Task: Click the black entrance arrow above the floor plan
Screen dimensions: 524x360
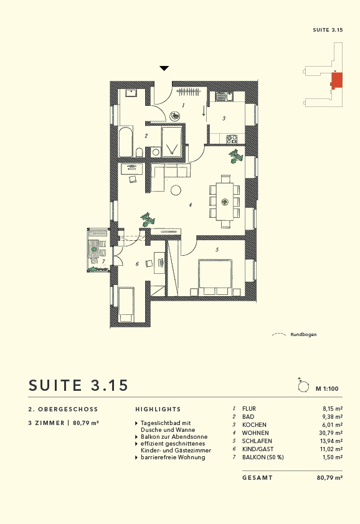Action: pos(164,68)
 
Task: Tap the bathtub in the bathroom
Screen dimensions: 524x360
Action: pos(125,143)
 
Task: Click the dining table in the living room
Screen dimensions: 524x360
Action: pos(224,201)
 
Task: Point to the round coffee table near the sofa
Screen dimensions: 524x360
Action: pos(176,190)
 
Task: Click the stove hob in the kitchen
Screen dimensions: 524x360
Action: pos(232,139)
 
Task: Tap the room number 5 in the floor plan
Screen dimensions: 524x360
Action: pos(217,250)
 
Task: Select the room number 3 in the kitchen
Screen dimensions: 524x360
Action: pos(224,118)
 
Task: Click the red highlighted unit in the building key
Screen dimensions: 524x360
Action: pos(337,81)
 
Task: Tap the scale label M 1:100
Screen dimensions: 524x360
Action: pos(326,388)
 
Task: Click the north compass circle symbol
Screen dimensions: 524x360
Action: pos(303,386)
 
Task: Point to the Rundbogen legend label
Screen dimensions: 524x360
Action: pos(303,335)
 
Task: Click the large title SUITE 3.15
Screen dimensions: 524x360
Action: pos(78,385)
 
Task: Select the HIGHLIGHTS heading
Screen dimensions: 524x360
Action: pos(158,409)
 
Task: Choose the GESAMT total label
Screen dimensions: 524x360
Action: pos(257,478)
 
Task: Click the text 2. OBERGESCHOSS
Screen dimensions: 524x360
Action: pos(63,409)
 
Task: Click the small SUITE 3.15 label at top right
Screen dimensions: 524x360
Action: pos(328,30)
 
